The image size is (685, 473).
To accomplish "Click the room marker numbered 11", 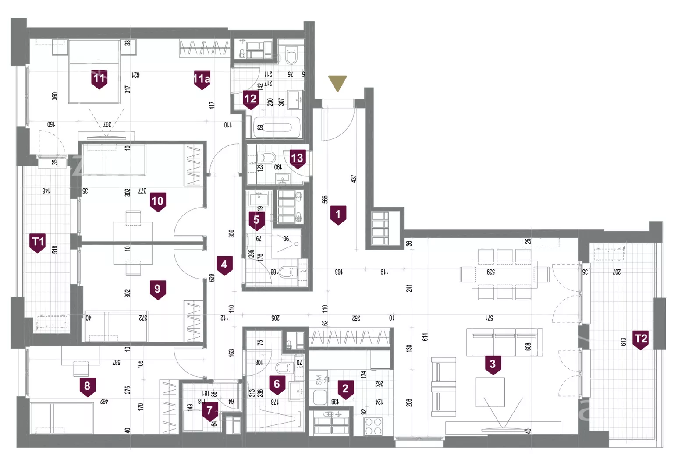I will [x=99, y=79].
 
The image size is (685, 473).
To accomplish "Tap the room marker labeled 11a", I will [x=202, y=79].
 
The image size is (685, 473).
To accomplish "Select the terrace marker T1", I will [x=38, y=242].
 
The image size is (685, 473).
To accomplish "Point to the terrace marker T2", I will [x=641, y=339].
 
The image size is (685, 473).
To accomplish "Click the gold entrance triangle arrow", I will [x=337, y=83].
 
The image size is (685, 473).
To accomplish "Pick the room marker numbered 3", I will [x=493, y=364].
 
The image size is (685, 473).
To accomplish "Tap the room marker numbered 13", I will [x=297, y=158].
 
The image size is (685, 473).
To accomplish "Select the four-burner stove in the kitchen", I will [x=373, y=426].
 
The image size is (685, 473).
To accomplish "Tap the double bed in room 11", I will [x=94, y=71].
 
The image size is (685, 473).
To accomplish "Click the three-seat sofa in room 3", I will [x=504, y=342].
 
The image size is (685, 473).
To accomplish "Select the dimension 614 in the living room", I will [x=425, y=337].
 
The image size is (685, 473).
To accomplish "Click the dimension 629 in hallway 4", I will [x=212, y=278].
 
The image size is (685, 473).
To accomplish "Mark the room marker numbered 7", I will [x=209, y=411].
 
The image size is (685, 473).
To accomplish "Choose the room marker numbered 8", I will [x=87, y=386].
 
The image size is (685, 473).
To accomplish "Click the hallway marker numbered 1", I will [x=338, y=215].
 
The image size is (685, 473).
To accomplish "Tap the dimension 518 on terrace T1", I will [x=55, y=250].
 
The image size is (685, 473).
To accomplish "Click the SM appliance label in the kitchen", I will [x=319, y=380].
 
